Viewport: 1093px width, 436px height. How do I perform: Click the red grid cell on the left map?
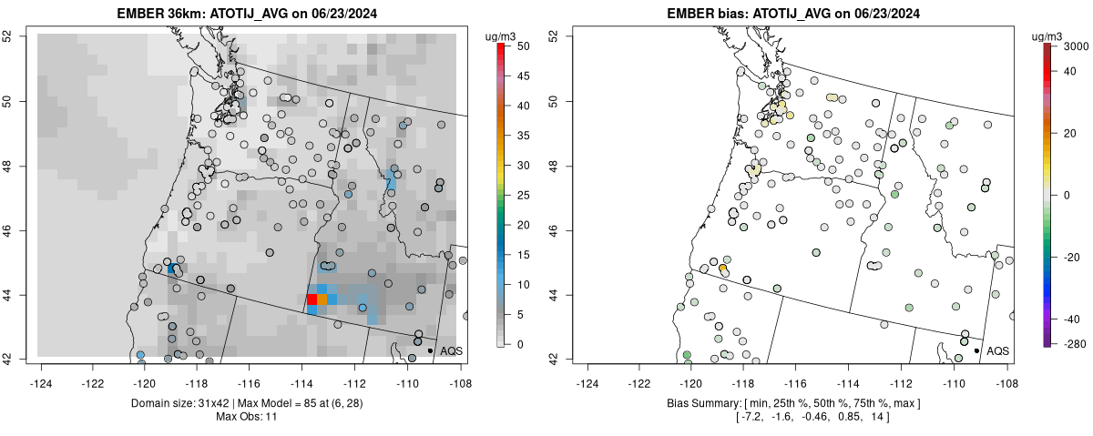pos(312,299)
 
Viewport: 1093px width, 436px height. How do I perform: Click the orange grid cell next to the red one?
pos(322,299)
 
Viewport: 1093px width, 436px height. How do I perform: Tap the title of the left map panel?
pos(248,14)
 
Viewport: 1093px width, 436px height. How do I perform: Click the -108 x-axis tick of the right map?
pos(1006,371)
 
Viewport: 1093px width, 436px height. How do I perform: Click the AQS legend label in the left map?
pos(451,350)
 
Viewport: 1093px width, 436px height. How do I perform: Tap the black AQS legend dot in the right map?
pos(976,350)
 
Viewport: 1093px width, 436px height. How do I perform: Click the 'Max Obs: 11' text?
pos(248,417)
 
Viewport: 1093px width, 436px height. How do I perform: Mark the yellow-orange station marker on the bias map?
pos(723,269)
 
